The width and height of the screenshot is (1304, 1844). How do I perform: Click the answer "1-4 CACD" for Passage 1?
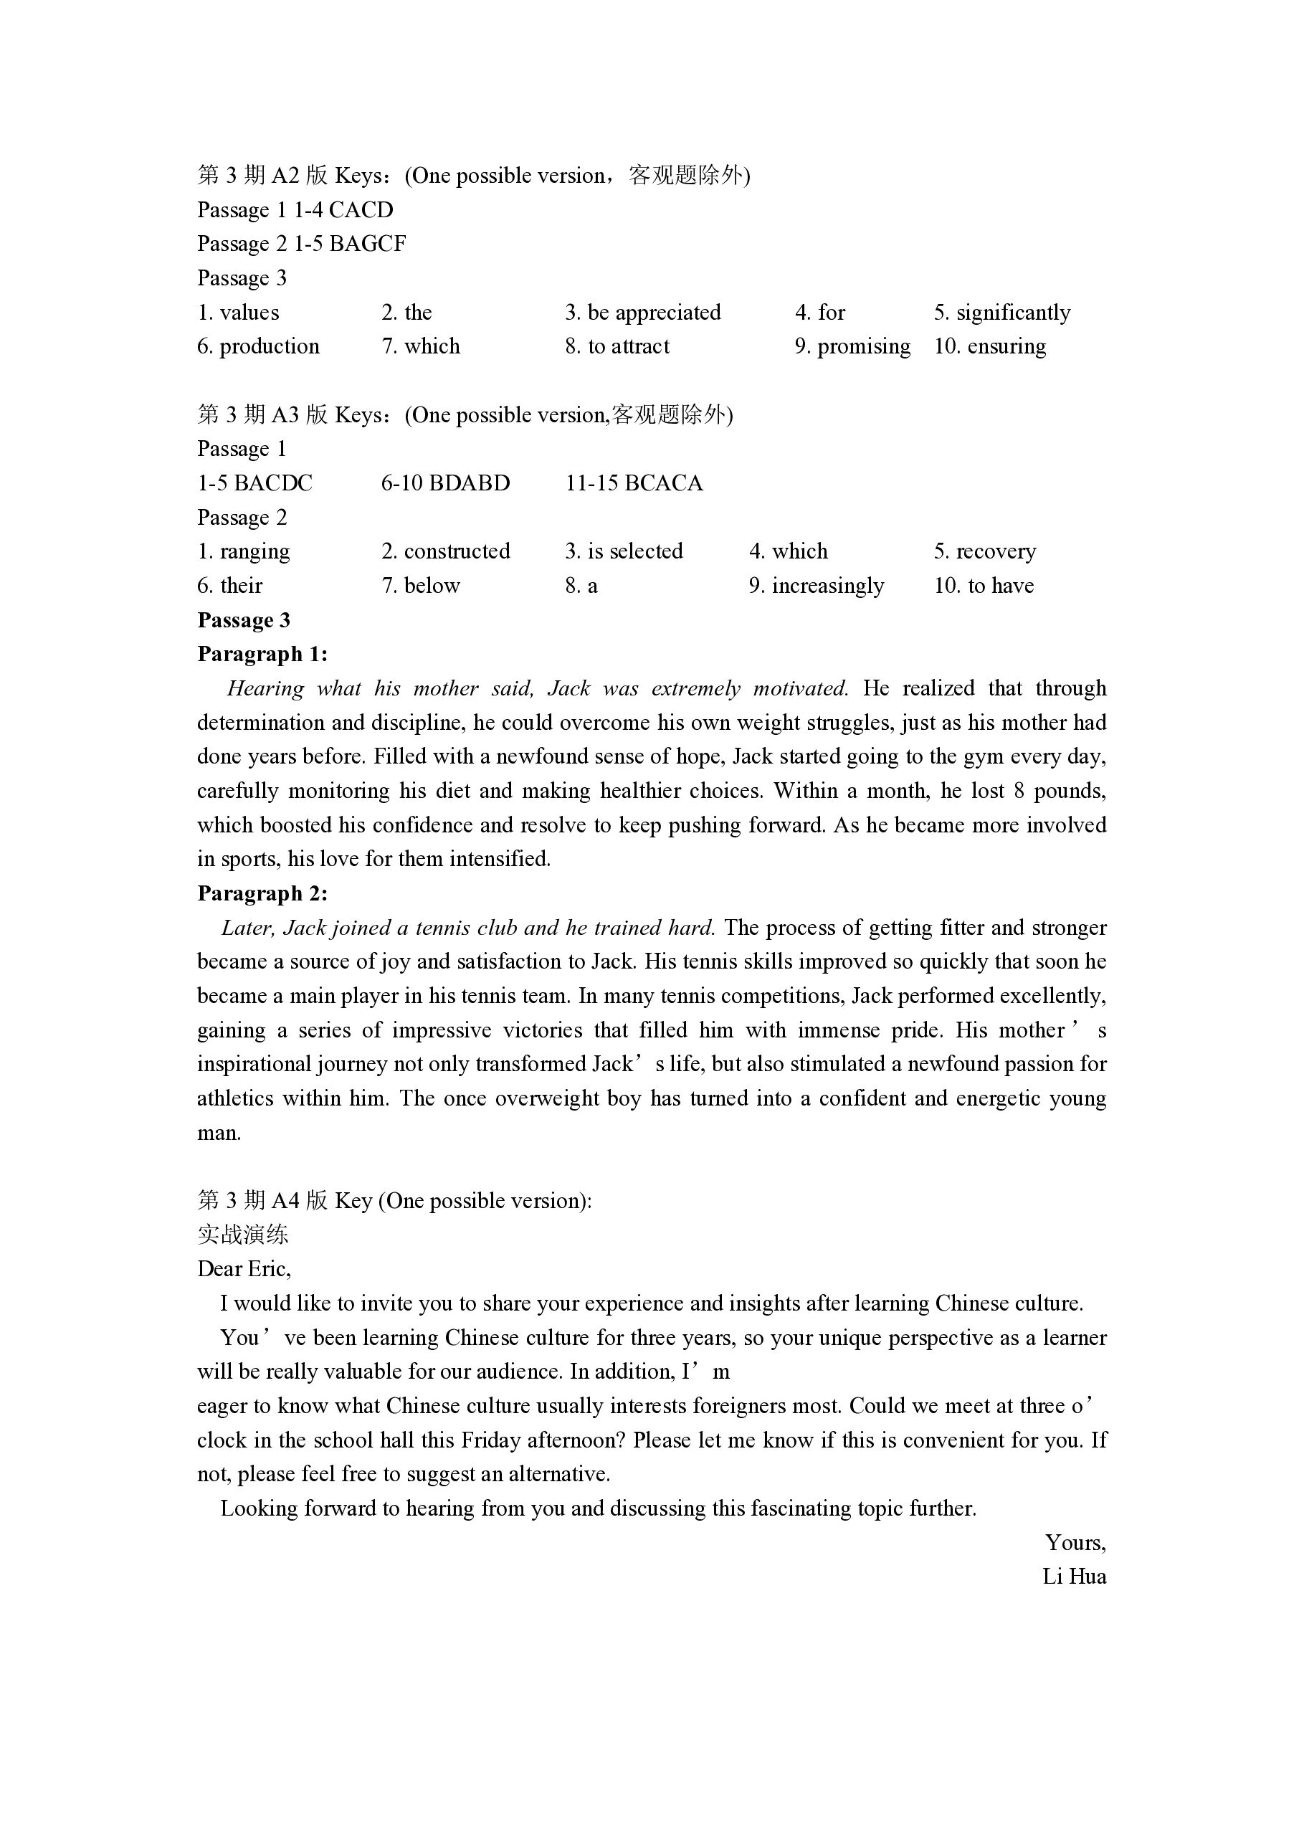(x=343, y=210)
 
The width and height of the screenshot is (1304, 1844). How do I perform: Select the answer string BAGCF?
(x=367, y=244)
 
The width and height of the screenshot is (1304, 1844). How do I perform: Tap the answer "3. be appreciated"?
(x=642, y=313)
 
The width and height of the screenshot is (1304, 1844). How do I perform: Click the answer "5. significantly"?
(x=1001, y=313)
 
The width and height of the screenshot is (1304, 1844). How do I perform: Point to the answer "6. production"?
(x=258, y=347)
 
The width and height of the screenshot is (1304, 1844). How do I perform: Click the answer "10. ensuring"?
(x=989, y=347)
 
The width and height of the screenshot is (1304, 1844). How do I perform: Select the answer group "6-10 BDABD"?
(x=445, y=483)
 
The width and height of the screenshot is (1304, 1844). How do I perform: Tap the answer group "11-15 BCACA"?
(x=634, y=483)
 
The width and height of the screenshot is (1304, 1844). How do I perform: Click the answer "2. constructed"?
(x=445, y=552)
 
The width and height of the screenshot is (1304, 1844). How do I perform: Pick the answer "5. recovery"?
(x=984, y=552)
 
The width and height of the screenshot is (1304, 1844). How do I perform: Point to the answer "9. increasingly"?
(x=816, y=586)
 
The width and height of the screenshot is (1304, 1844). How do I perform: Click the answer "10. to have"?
(x=983, y=586)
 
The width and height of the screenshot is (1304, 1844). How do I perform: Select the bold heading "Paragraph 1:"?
(x=262, y=655)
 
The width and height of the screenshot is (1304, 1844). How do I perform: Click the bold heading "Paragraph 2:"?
(x=262, y=894)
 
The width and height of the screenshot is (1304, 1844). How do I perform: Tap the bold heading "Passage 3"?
(x=243, y=621)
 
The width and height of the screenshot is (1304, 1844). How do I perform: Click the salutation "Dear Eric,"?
(x=244, y=1269)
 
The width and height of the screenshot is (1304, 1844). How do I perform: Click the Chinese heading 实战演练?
(x=242, y=1235)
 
